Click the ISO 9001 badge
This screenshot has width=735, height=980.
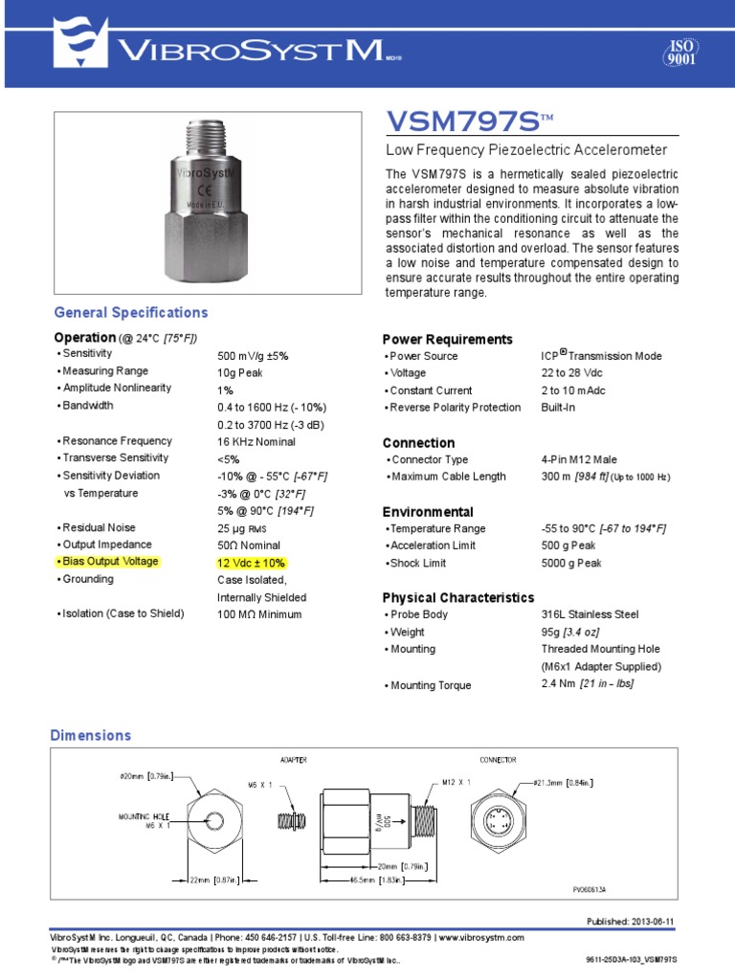coord(679,53)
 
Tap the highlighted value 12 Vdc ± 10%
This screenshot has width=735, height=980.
coord(251,563)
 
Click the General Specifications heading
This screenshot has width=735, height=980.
coord(130,313)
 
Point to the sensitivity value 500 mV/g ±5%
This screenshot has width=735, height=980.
coord(253,355)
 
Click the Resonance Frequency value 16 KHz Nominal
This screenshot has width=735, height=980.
coord(256,441)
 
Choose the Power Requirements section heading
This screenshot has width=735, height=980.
coord(447,340)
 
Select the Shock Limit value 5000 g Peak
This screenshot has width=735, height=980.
coord(571,563)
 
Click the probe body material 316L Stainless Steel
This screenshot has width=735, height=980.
coord(590,614)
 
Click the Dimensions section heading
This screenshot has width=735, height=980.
coord(90,735)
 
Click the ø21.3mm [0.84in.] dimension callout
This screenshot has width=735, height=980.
coord(564,783)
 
